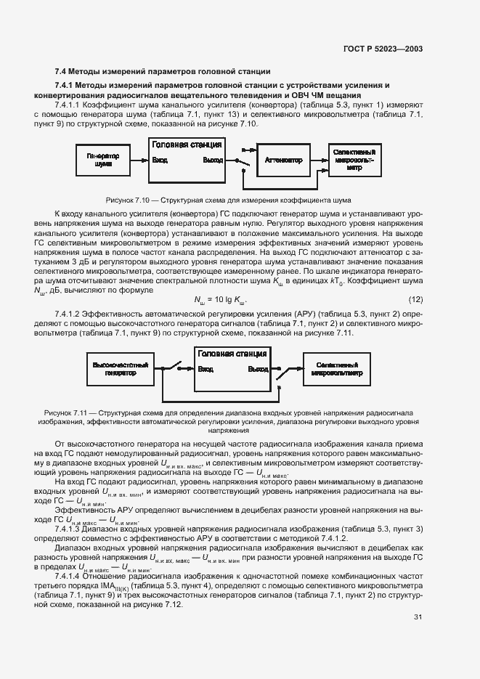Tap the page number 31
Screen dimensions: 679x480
[418, 617]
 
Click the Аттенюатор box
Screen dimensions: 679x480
[283, 160]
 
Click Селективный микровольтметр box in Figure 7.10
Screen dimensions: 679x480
[354, 160]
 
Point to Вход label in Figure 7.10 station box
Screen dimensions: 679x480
[160, 160]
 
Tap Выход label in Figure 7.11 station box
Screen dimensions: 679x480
[258, 369]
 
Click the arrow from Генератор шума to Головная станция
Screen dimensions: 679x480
[139, 160]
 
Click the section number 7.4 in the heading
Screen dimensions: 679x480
[62, 71]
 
